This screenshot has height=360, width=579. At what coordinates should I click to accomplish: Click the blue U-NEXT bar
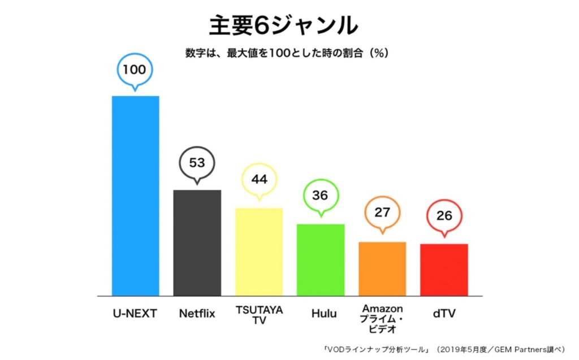135,196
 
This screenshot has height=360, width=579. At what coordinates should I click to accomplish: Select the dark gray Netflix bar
197,242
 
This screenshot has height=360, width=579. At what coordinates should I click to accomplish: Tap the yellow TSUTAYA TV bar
258,251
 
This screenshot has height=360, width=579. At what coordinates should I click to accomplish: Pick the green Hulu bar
320,259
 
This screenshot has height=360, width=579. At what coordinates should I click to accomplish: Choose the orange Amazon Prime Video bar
382,268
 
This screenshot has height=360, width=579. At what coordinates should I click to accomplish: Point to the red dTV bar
444,270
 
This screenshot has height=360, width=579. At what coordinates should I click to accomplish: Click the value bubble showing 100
135,71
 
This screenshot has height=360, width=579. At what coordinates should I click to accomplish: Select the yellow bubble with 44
259,180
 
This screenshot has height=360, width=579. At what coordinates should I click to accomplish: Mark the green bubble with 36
320,196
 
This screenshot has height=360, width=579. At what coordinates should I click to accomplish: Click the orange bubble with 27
382,213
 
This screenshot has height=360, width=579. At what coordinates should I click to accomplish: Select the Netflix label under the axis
197,313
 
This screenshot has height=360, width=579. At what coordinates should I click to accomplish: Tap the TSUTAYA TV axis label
259,315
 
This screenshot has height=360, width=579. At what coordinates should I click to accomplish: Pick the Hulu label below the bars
320,313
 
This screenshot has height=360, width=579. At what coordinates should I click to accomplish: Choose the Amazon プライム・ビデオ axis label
382,319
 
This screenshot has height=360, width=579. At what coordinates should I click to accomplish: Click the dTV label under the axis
444,313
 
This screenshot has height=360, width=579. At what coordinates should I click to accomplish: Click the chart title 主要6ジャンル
283,25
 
